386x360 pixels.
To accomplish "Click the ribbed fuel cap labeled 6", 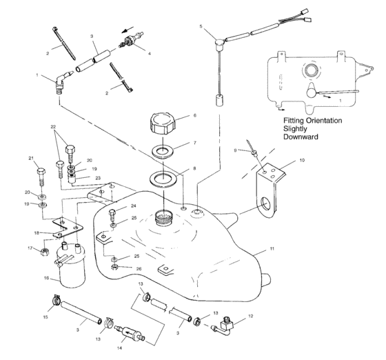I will (x=162, y=126).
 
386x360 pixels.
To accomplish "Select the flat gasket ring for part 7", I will (x=165, y=150).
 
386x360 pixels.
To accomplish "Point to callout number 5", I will (x=201, y=27).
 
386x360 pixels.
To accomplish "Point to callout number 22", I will (x=52, y=127).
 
